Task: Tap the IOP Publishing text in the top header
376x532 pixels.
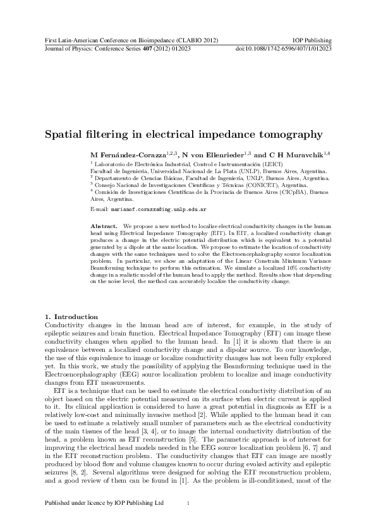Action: [x=313, y=40]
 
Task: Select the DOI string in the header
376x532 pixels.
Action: [x=284, y=49]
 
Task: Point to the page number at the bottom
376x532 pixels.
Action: [x=188, y=503]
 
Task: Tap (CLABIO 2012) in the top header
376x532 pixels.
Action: [x=197, y=40]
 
